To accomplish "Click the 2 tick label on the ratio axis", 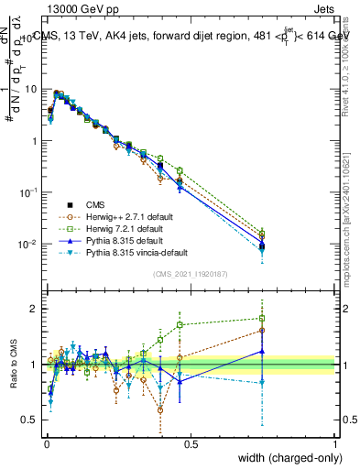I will point(32,309).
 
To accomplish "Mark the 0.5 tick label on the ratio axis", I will point(28,420).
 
